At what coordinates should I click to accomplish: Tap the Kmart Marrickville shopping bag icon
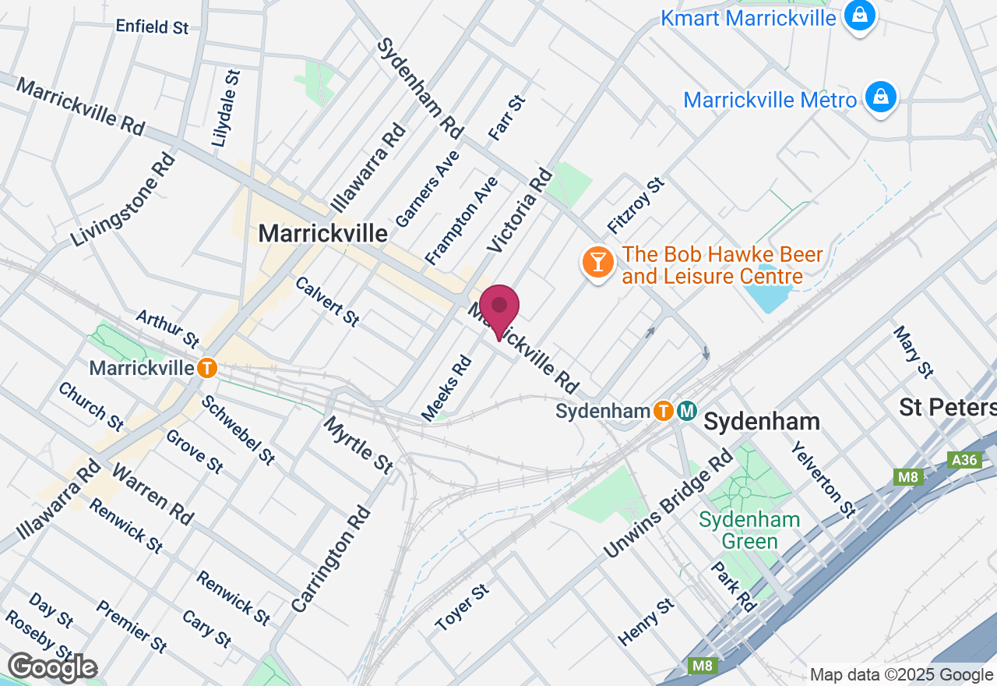click(860, 16)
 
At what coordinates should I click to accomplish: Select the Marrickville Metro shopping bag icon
click(880, 98)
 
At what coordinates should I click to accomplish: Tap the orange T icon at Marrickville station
click(206, 367)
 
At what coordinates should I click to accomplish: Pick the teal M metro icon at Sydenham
click(686, 410)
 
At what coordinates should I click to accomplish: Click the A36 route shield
click(964, 460)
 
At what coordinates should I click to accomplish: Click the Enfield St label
click(152, 27)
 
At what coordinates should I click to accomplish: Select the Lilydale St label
click(227, 108)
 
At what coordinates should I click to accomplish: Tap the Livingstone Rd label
click(123, 200)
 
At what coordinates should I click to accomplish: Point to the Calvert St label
click(326, 301)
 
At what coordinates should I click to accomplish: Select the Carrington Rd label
click(331, 558)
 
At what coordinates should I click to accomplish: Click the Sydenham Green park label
click(749, 530)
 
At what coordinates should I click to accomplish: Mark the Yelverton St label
click(823, 481)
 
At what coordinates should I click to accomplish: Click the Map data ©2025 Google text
click(901, 675)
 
